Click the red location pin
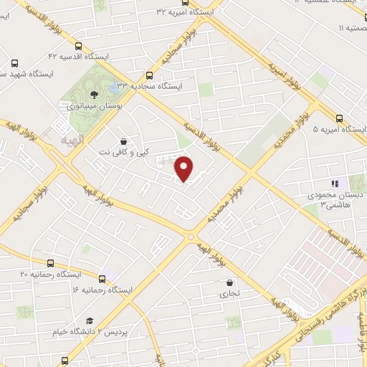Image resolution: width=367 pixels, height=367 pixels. tap(185, 168)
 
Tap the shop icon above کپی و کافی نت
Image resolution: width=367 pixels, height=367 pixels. tap(124, 142)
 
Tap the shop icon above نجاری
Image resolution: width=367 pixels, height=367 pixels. tap(229, 283)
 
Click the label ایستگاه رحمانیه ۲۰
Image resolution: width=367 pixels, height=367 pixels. tap(44, 275)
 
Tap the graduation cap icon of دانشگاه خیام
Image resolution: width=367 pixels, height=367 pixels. tap(90, 320)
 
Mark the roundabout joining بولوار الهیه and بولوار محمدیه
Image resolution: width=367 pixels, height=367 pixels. tap(191, 236)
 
